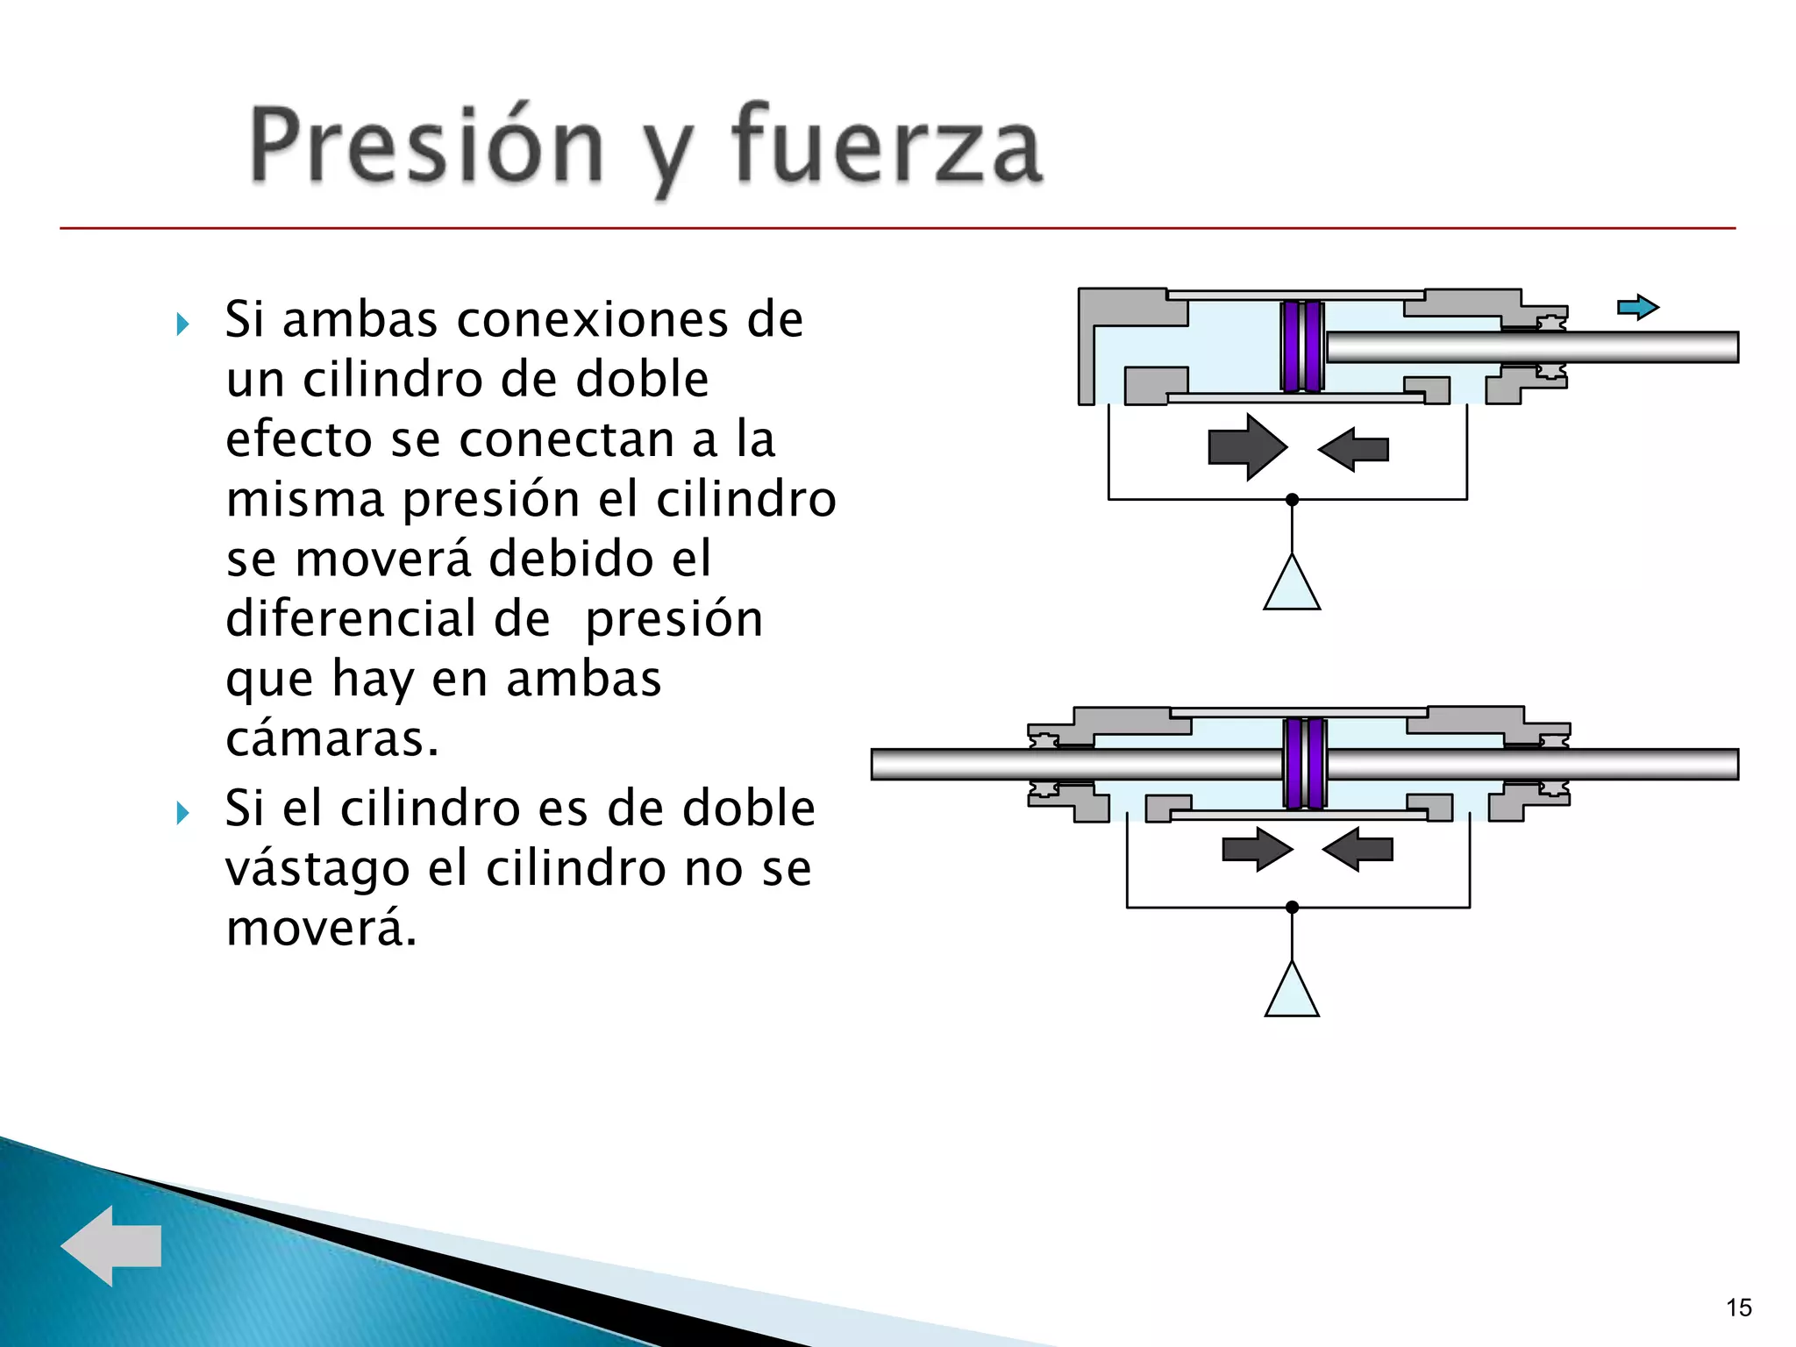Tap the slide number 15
(1738, 1308)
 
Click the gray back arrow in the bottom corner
(111, 1245)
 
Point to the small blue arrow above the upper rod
(1637, 308)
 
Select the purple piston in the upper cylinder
(1302, 346)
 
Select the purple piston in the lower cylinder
(1305, 763)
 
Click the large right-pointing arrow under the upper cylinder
(1246, 447)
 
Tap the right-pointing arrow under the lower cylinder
(1257, 849)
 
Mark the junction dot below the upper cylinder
(1292, 500)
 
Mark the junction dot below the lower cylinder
(1292, 907)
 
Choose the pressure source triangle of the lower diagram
(1292, 994)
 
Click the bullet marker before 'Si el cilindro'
(182, 813)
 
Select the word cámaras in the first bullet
(331, 739)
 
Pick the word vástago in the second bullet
(317, 869)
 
